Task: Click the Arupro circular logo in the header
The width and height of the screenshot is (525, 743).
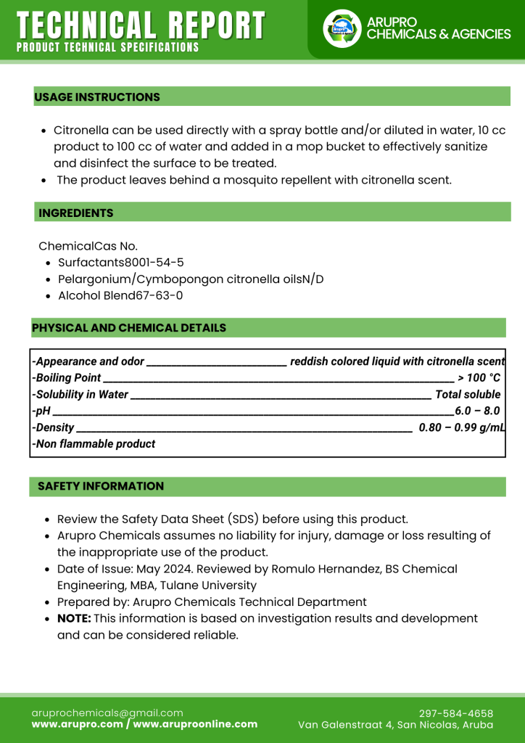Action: click(x=342, y=29)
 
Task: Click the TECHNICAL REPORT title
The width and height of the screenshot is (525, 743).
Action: click(x=141, y=26)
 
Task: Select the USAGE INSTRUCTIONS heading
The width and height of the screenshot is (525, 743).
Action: click(x=97, y=97)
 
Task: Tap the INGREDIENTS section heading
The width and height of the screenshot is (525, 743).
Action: click(x=76, y=213)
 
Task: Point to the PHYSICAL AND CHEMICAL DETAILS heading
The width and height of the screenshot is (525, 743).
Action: click(x=129, y=328)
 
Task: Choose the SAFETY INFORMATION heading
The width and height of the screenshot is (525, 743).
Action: click(x=101, y=486)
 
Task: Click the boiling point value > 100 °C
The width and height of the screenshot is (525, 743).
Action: click(x=479, y=378)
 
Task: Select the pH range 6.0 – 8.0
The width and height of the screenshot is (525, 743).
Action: click(x=476, y=411)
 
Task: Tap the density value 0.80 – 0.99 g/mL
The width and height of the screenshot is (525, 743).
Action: click(x=461, y=427)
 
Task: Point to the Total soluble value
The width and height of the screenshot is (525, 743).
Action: click(x=468, y=395)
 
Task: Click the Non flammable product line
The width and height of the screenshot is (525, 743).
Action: click(x=94, y=444)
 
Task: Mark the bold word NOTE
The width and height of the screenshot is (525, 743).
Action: click(x=74, y=619)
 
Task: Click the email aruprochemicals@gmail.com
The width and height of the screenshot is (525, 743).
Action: click(x=107, y=713)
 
